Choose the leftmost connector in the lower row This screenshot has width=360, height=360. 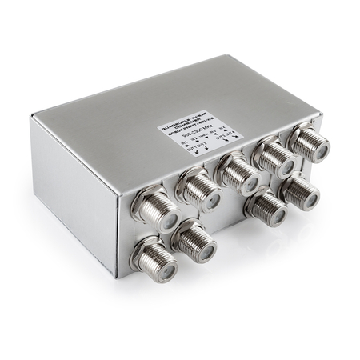click(x=154, y=257)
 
